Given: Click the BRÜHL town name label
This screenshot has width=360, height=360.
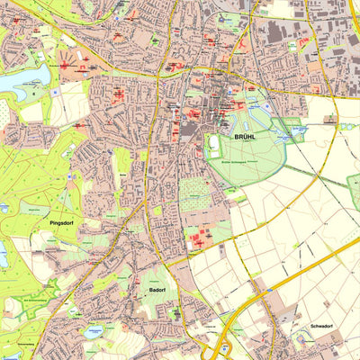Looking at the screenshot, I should point(244,138).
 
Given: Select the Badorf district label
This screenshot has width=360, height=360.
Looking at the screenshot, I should point(152,291).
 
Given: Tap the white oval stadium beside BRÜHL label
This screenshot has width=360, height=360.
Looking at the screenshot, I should point(214,144).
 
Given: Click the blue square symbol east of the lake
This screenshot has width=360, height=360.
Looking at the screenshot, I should point(54,91).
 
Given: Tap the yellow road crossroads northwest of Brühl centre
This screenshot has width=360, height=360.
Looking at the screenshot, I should point(158,76).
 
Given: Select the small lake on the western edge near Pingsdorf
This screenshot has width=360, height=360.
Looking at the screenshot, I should point(3,255).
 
